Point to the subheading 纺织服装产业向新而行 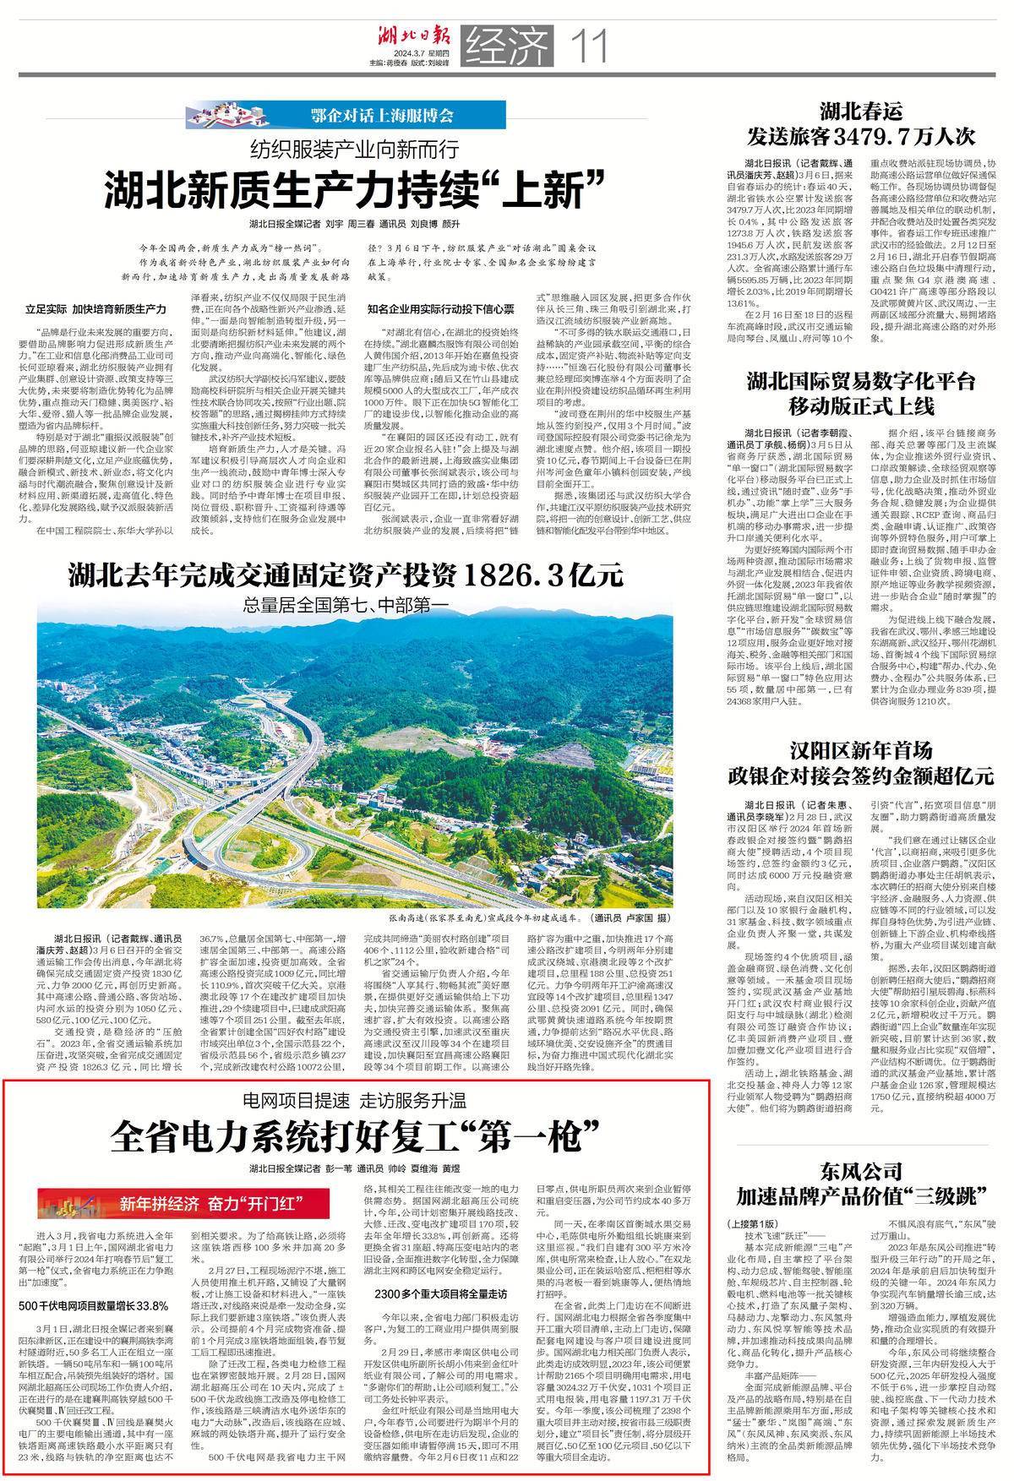click(x=355, y=150)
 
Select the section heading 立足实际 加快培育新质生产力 click(x=96, y=309)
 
